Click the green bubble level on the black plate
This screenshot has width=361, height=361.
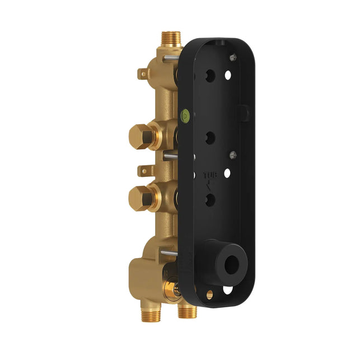[x=185, y=116]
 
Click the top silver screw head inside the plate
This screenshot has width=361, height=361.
[x=233, y=56]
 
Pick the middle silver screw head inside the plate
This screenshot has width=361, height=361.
[x=233, y=154]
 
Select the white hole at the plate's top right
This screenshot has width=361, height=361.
[x=228, y=74]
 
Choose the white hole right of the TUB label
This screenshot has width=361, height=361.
[x=227, y=173]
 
